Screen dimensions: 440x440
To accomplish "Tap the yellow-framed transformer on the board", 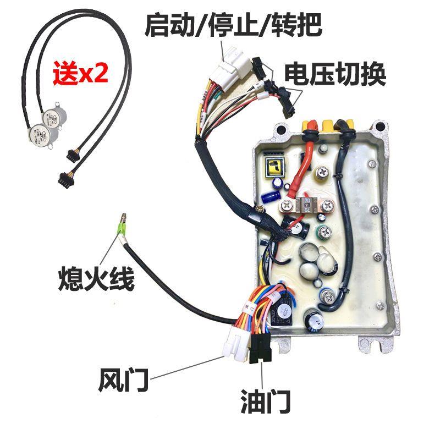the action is pyautogui.click(x=273, y=167).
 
